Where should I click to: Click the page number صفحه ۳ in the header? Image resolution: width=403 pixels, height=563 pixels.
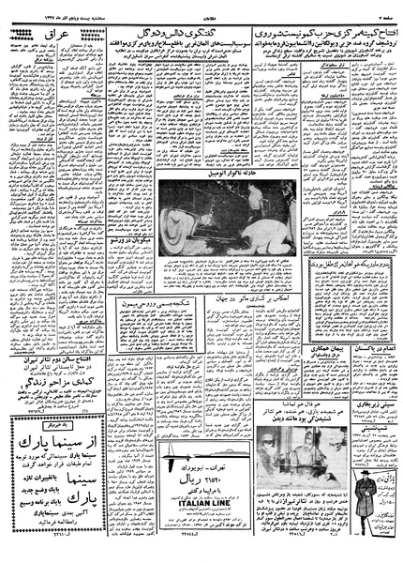click(384, 7)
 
